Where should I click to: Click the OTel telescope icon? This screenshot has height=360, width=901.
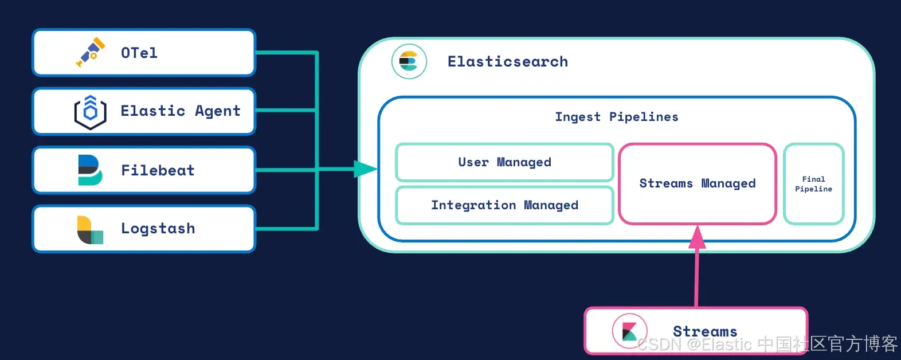[x=91, y=52]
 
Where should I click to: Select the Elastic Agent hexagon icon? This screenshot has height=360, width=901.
[x=90, y=112]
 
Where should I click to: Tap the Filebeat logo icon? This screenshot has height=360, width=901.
[x=90, y=170]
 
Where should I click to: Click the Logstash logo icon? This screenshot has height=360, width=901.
[x=90, y=229]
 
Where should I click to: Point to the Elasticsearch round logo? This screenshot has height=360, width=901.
[x=409, y=61]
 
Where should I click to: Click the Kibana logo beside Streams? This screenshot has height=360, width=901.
[x=629, y=331]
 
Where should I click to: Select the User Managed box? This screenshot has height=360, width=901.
[x=504, y=162]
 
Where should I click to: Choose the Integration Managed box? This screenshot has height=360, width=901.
[x=504, y=205]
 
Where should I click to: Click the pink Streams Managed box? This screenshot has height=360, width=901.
[x=697, y=183]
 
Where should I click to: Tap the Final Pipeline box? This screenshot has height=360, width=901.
[x=813, y=183]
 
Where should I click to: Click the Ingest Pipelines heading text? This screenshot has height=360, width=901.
[x=616, y=117]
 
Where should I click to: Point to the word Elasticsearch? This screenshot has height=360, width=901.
[x=507, y=61]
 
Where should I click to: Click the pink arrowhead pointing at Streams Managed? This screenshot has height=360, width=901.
[x=697, y=237]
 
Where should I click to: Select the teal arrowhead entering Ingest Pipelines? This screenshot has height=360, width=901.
[x=365, y=169]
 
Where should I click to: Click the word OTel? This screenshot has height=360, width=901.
[x=139, y=53]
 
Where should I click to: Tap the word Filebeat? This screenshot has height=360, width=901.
[x=158, y=170]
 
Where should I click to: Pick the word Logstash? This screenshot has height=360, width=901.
[x=158, y=229]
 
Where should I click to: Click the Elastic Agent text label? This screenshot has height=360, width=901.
[x=180, y=111]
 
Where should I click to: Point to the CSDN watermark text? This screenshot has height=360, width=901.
[x=767, y=344]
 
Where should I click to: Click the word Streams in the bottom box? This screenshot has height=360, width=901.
[x=704, y=331]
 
